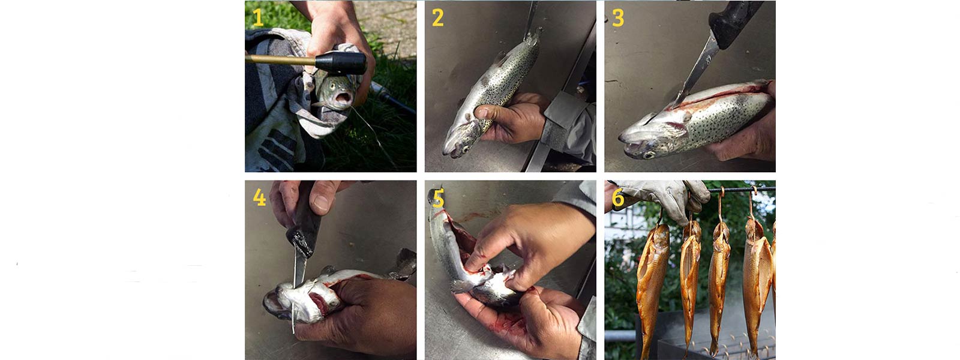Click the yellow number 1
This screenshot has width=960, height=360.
tap(257, 18)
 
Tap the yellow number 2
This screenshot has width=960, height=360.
tap(437, 18)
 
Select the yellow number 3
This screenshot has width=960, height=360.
tap(618, 18)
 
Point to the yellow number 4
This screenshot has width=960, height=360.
tap(259, 197)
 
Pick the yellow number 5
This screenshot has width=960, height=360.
tap(438, 199)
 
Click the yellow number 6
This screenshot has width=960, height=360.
tap(618, 198)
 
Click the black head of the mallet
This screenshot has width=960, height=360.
tap(341, 63)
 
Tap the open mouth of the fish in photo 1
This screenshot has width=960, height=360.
tap(343, 98)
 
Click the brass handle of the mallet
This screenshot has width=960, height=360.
tap(280, 60)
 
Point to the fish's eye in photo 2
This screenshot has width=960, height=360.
tap(463, 149)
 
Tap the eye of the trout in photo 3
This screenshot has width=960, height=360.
tap(649, 154)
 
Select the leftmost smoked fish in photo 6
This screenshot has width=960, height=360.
tap(652, 285)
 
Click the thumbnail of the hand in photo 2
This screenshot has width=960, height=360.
tap(482, 113)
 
